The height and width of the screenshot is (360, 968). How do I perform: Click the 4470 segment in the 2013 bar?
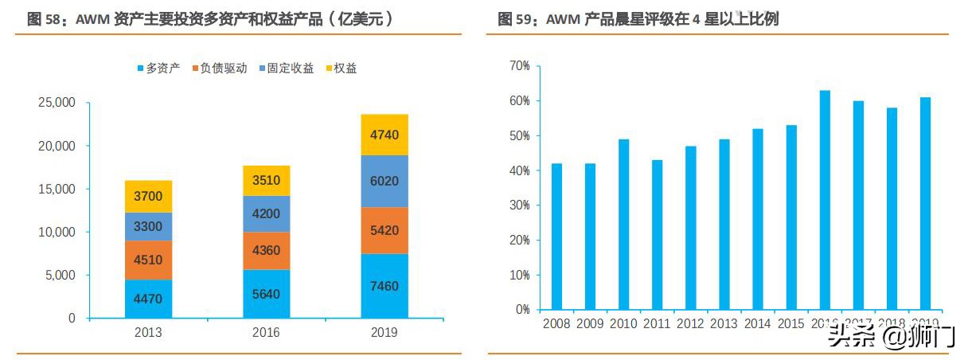(148, 299)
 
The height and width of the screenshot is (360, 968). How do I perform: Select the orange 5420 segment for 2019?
(384, 230)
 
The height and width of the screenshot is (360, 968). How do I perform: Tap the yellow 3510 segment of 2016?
(266, 180)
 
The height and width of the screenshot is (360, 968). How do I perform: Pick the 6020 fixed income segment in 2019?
(384, 181)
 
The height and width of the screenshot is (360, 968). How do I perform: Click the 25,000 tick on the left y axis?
(57, 103)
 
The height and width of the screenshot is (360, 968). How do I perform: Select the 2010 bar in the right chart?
(623, 224)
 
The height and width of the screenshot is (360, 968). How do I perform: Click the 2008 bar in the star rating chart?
(556, 236)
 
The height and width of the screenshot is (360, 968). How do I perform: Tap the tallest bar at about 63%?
(825, 199)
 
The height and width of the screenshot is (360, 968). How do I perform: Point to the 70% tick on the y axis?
(519, 66)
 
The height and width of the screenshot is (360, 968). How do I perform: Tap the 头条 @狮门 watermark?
(891, 336)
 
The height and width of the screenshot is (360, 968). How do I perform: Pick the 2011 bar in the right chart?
(657, 234)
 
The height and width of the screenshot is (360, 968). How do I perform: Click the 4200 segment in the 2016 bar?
(266, 213)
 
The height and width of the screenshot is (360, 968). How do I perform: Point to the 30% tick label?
(519, 205)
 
